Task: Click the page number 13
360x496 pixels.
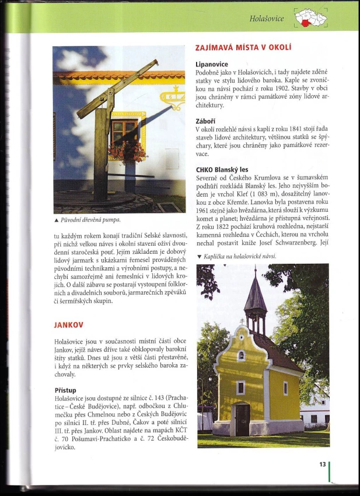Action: coord(322,464)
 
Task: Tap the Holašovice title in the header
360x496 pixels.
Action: coord(267,19)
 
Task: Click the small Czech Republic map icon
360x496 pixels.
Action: coord(310,18)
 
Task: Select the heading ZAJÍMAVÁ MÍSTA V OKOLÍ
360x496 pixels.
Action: coord(243,47)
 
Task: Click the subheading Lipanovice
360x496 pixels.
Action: coord(212,64)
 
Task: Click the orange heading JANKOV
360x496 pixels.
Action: coord(68,324)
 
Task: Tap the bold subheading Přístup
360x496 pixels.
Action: coord(66,389)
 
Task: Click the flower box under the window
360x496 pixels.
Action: coord(128,152)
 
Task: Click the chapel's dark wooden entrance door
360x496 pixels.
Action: coord(243,418)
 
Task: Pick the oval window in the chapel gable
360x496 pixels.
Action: coord(241,355)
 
